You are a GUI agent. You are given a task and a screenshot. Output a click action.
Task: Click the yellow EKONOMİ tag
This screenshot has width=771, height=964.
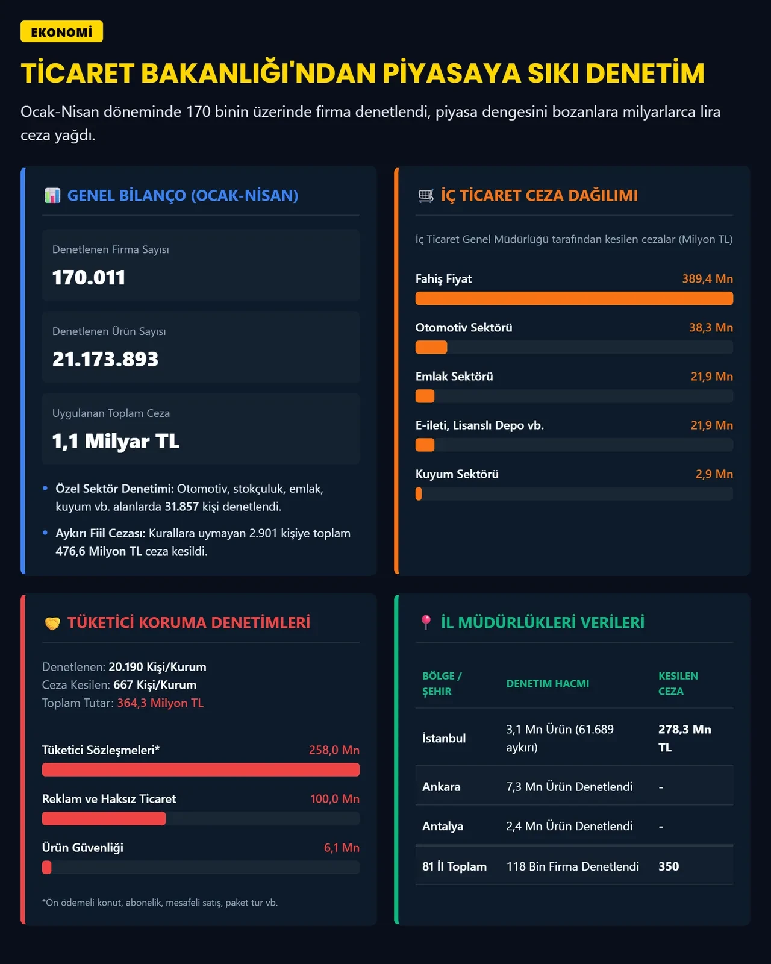tap(62, 31)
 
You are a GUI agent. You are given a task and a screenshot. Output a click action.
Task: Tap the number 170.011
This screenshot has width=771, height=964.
tap(89, 277)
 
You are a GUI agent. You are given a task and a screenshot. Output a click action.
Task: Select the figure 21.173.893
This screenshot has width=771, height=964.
tap(105, 359)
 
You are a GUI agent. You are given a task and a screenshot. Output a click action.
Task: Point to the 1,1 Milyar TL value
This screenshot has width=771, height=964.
tap(116, 441)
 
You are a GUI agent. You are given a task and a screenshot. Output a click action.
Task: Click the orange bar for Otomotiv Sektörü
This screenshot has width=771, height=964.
tap(431, 347)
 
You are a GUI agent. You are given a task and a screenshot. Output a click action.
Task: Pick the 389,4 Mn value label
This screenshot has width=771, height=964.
tap(707, 278)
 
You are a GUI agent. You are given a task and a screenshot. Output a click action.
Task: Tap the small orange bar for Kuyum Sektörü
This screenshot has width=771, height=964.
tap(419, 493)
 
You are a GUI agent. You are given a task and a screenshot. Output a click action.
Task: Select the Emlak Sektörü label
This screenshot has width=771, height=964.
tap(454, 377)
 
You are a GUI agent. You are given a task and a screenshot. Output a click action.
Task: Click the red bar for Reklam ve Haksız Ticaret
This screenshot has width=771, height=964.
tap(104, 818)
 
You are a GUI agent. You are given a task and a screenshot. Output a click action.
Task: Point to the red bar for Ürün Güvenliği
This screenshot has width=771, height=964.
tap(46, 867)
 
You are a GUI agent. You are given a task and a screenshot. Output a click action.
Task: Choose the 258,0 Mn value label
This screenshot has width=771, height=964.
tap(334, 750)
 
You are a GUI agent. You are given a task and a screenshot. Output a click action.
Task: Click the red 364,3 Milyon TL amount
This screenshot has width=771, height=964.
tap(160, 703)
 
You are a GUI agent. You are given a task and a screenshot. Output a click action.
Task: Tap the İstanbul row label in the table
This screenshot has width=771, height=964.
tap(444, 738)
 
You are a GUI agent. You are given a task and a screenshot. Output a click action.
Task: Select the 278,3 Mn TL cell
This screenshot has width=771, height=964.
tap(684, 738)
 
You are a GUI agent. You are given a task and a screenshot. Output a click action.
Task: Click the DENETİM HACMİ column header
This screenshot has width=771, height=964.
tap(548, 684)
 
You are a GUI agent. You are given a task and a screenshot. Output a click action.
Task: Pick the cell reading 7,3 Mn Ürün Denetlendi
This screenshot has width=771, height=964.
tap(569, 787)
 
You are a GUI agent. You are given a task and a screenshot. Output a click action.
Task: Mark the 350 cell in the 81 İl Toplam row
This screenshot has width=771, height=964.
tap(669, 866)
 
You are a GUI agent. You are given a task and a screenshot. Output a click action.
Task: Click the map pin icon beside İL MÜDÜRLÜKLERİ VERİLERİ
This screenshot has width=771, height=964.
tap(426, 622)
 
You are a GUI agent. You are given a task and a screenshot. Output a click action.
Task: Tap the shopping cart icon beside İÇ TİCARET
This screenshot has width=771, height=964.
tap(426, 196)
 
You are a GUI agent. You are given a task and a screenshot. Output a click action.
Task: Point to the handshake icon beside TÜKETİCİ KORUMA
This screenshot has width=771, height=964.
tap(52, 623)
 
